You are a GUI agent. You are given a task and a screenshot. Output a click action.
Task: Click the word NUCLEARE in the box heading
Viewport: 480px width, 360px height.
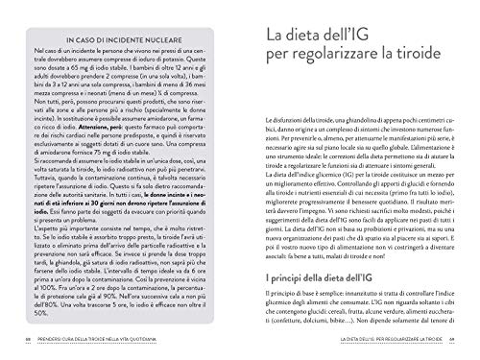point(167,38)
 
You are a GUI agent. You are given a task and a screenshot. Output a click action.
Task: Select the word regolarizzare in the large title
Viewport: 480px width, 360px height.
point(335,74)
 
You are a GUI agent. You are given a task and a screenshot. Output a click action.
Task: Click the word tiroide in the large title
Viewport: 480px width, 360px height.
point(423,74)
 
